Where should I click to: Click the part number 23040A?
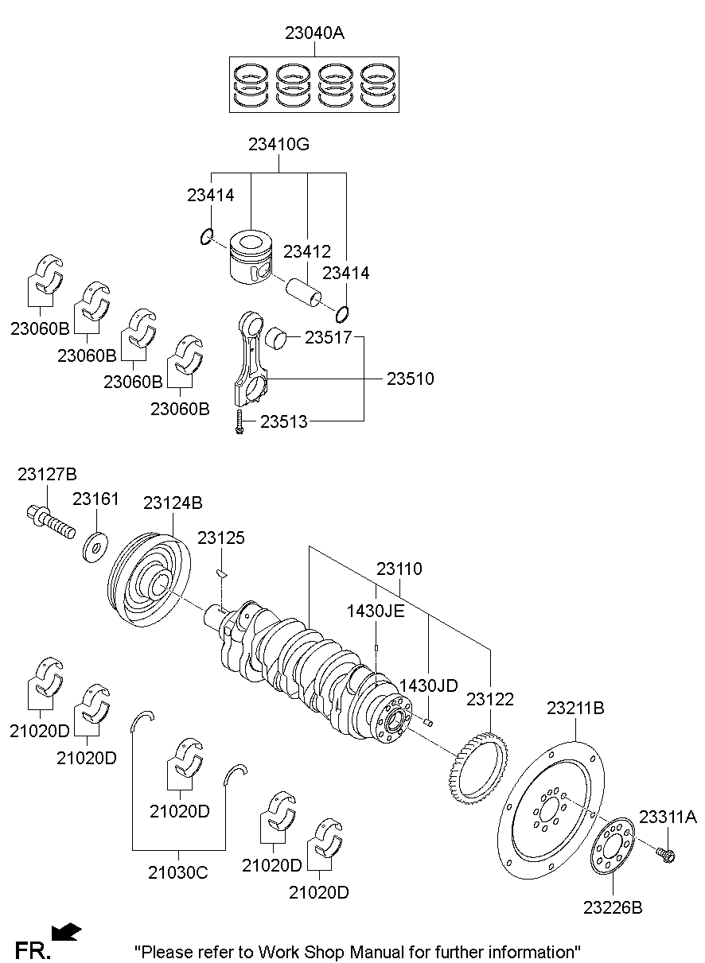314,33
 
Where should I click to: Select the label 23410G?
278,144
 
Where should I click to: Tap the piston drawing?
251,256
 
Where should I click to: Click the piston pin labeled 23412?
306,291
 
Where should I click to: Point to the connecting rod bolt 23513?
238,421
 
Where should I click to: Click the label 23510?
411,379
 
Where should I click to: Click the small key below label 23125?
223,572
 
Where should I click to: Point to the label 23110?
399,569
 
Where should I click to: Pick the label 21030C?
177,872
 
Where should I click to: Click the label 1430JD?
428,685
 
